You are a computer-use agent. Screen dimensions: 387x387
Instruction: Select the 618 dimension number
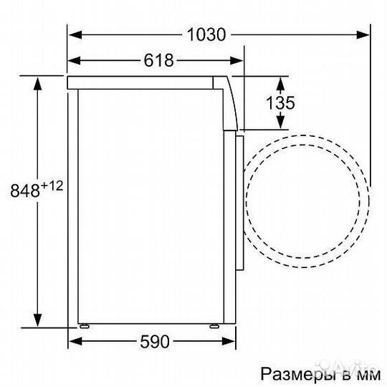click(159, 61)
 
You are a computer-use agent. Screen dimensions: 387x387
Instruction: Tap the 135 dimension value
click(280, 102)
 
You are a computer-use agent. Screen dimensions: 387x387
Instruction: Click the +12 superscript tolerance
click(52, 186)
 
